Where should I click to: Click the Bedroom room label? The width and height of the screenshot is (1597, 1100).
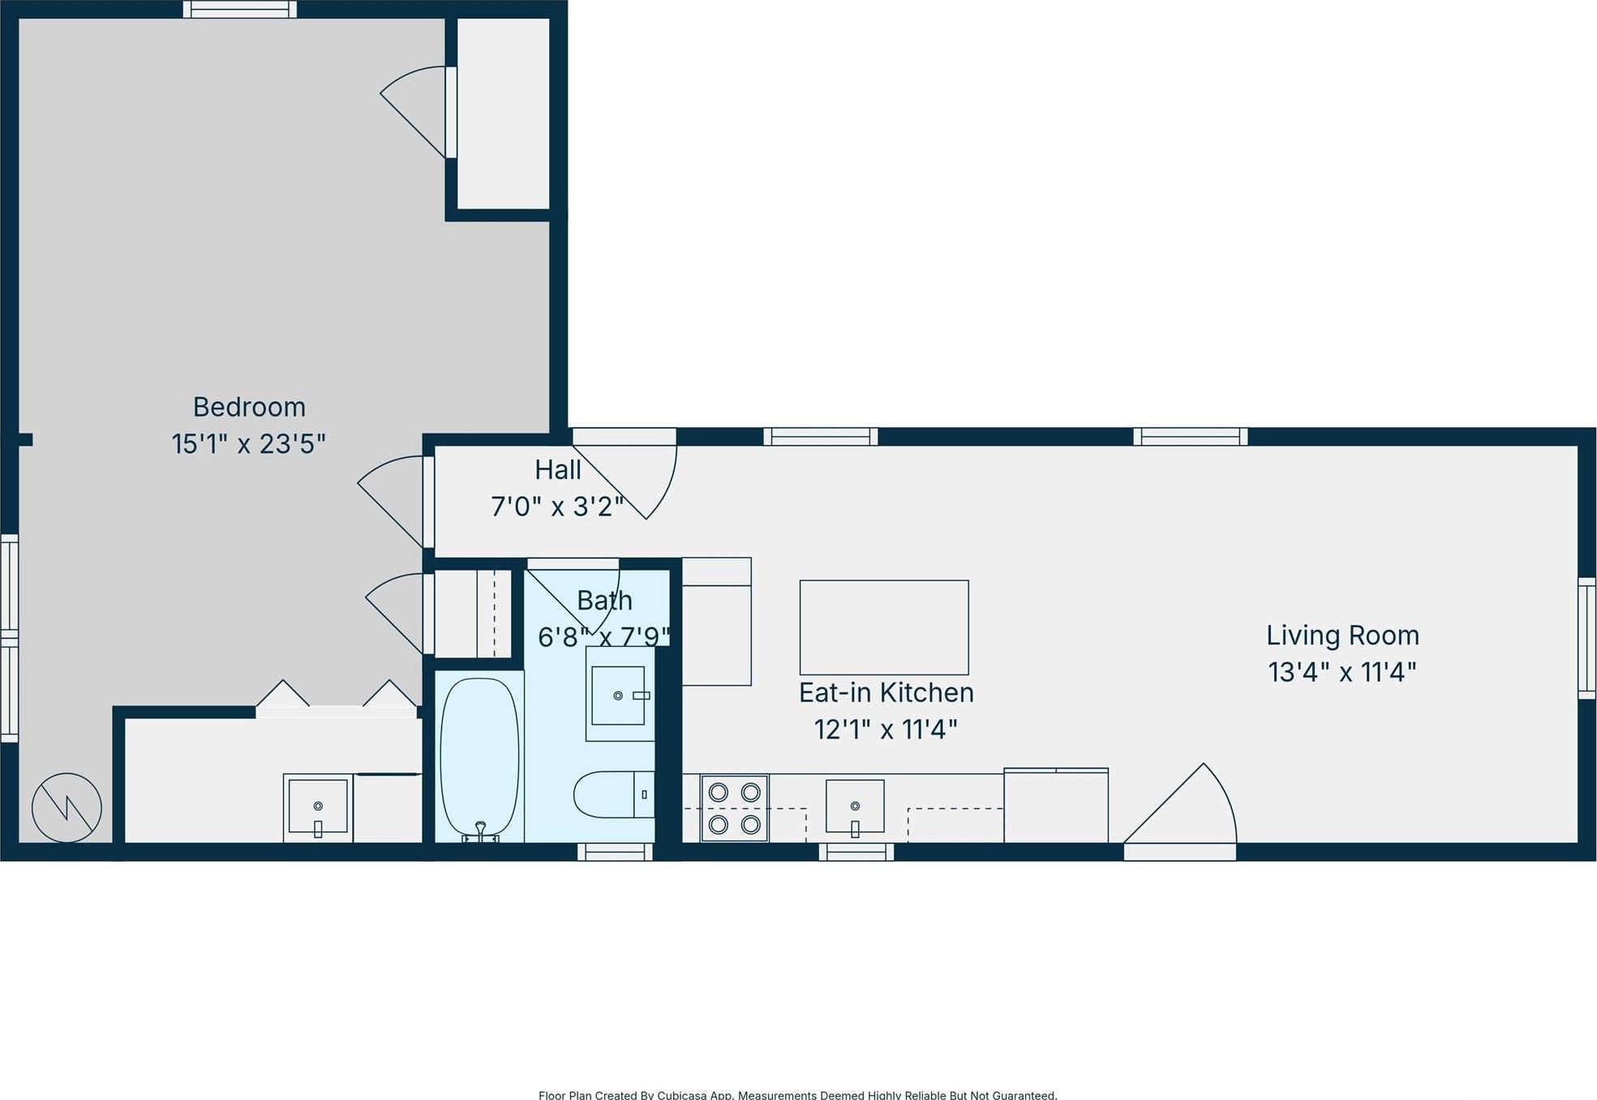[x=249, y=407]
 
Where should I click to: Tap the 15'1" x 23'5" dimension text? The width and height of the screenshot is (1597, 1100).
[x=248, y=444]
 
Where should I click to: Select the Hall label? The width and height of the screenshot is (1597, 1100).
[x=557, y=470]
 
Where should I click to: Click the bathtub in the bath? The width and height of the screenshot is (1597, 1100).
[x=479, y=756]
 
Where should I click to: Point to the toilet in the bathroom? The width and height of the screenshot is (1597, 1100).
[x=613, y=794]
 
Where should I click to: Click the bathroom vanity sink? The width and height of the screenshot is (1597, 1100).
[x=618, y=696]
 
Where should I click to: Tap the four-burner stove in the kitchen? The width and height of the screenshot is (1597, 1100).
[x=734, y=808]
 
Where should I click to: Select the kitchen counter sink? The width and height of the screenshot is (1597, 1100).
[x=855, y=807]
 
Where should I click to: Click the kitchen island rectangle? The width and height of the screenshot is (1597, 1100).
[x=883, y=627]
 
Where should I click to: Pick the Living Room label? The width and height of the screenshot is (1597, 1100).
[x=1342, y=636]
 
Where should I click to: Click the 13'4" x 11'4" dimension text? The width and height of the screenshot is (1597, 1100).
[x=1342, y=673]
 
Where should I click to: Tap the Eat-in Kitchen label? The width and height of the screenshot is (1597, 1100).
[x=886, y=693]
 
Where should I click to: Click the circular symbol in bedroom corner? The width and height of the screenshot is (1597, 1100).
[x=67, y=807]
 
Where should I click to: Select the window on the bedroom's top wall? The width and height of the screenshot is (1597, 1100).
[x=239, y=10]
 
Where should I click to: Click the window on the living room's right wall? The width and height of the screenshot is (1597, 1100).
[x=1587, y=638]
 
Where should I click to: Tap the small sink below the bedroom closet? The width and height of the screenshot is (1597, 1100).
[x=318, y=807]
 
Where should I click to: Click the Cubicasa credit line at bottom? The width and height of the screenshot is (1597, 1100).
[x=797, y=1094]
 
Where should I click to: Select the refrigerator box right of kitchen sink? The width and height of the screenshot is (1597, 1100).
[x=1056, y=807]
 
